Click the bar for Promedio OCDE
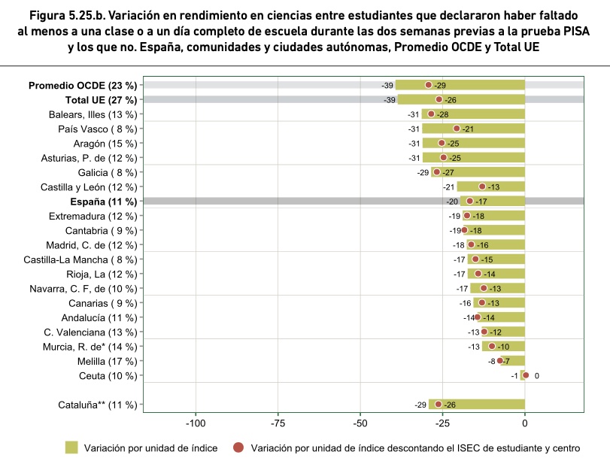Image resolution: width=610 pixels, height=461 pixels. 460,85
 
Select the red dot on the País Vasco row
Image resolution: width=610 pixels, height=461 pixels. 457,129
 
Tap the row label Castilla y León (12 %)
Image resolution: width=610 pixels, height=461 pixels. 89,187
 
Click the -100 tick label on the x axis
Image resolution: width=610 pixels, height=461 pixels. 196,423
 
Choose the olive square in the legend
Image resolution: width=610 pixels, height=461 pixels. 71,447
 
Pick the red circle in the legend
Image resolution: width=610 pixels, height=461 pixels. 238,447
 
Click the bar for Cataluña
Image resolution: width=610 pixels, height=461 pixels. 477,404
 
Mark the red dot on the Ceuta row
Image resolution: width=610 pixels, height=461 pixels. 526,375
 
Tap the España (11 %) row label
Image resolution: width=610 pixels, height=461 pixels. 104,202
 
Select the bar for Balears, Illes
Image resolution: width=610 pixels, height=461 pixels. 473,114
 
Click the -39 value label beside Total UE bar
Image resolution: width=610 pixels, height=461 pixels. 390,100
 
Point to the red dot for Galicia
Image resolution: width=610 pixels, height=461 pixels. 436,172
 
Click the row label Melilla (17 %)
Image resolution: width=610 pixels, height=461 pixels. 108,362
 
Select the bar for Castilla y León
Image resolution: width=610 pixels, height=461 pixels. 491,187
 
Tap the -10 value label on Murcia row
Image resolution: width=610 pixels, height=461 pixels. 503,347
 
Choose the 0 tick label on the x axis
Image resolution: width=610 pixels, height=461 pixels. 525,423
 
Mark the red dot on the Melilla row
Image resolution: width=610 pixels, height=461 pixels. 500,361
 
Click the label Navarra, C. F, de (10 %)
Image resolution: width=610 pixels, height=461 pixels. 83,289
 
